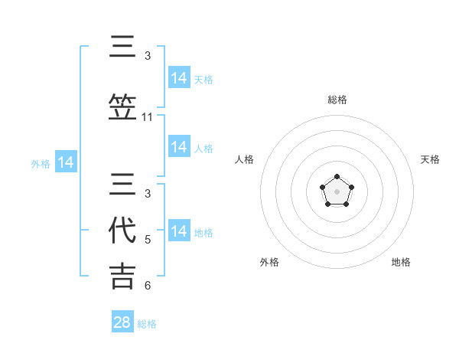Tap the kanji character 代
click(123, 230)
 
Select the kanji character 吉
click(123, 276)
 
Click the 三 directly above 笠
click(123, 47)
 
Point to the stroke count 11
click(148, 117)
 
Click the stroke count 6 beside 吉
click(148, 286)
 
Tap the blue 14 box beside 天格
click(179, 78)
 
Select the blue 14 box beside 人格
click(179, 147)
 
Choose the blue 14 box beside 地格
click(179, 231)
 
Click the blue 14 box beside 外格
click(66, 162)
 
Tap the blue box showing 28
click(122, 322)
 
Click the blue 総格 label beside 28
click(147, 324)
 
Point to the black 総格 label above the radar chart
click(337, 100)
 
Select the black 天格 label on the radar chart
click(430, 159)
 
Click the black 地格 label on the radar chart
click(401, 262)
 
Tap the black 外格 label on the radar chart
click(269, 262)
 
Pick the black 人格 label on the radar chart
click(244, 159)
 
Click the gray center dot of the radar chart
click(337, 191)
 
